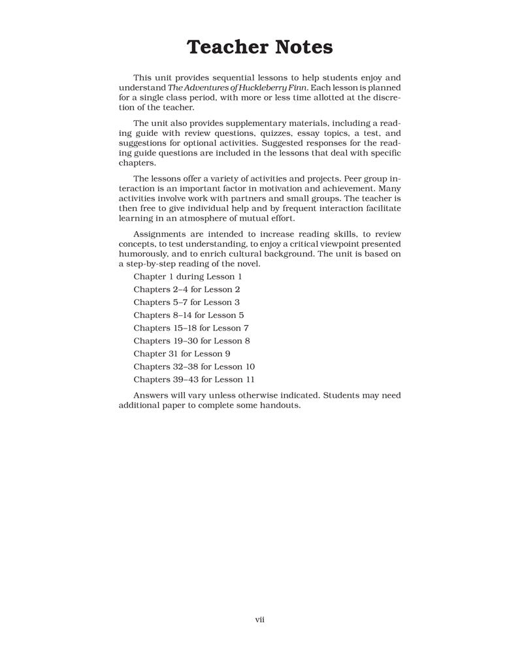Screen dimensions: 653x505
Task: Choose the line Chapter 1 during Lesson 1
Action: pyautogui.click(x=187, y=276)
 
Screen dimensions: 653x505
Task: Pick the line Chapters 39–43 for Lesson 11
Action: pyautogui.click(x=194, y=379)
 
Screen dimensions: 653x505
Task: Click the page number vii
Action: pyautogui.click(x=259, y=619)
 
